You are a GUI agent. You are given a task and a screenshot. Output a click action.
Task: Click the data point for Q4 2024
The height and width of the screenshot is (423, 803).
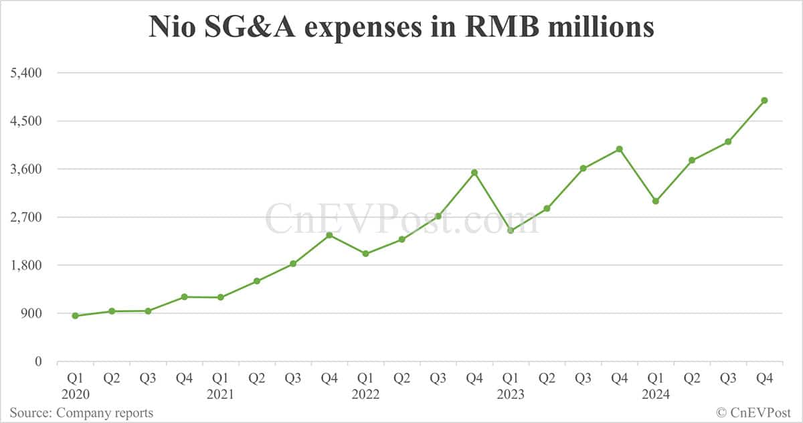coord(764,100)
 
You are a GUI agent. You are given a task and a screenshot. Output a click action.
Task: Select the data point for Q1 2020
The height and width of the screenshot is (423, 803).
coord(75,316)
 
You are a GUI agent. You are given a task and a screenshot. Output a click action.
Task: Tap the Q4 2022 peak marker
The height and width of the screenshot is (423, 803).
coord(474,173)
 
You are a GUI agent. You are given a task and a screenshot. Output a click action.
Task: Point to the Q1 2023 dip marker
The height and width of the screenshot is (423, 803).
coord(511,230)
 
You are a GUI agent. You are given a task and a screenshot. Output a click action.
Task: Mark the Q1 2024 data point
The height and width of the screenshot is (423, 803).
coord(656,201)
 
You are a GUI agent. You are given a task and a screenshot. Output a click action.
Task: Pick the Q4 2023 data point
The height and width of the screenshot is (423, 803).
coord(620,149)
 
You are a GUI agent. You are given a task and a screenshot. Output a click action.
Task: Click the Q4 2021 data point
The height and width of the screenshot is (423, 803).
coord(329,235)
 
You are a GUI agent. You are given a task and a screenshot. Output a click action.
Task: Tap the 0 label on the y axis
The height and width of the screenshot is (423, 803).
coord(37,361)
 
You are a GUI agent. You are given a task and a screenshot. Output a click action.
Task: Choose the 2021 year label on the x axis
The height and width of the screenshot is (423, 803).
coord(220,395)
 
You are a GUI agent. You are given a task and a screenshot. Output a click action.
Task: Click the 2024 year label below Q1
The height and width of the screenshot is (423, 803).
coord(656,395)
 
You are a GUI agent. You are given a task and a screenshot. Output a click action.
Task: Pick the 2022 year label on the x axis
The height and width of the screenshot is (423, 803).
coord(365,395)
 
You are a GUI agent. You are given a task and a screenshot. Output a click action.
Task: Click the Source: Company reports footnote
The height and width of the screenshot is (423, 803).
coord(81,413)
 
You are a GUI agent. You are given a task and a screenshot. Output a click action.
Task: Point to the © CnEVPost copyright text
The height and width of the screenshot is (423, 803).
coord(753,413)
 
